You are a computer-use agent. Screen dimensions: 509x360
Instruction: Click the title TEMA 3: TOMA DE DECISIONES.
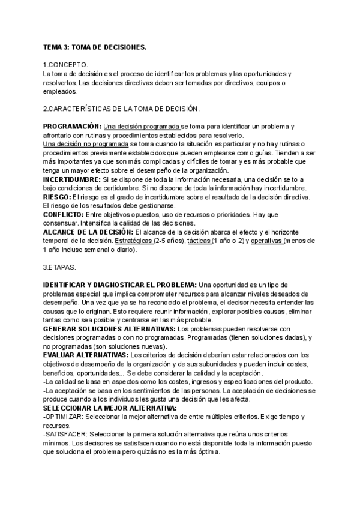click(x=95, y=46)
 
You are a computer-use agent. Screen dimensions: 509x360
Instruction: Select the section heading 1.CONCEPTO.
click(x=66, y=64)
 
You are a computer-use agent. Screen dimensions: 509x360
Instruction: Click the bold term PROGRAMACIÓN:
click(x=72, y=127)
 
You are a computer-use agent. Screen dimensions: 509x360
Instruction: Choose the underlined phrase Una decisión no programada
click(x=86, y=144)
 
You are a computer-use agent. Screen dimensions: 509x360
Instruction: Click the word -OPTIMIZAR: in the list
click(x=64, y=417)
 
